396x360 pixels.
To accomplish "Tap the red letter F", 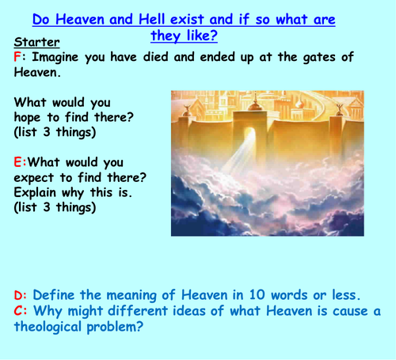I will coord(18,57).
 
